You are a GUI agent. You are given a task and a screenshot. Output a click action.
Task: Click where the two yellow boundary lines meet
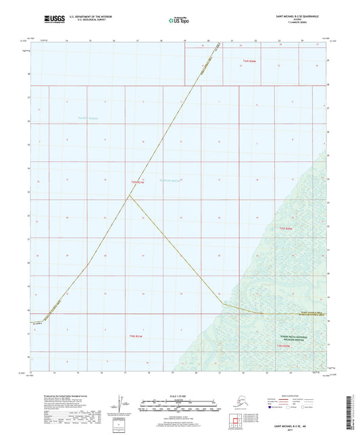[130, 196]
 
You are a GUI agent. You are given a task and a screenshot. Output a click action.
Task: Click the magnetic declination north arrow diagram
[122, 403]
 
